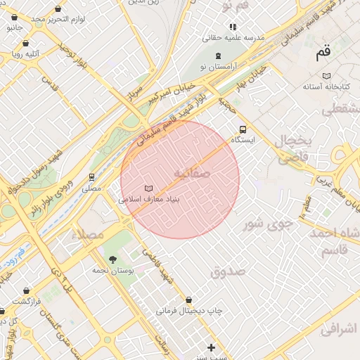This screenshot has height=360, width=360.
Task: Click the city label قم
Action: [323, 52]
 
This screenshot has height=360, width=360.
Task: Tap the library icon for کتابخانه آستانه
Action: [326, 76]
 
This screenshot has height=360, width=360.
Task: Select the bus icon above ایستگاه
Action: [243, 129]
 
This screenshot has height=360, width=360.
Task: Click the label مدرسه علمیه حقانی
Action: [235, 37]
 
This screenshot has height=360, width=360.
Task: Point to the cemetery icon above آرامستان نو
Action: [217, 55]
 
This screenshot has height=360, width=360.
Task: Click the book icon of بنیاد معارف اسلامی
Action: [148, 188]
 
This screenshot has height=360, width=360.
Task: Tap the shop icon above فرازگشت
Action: [27, 290]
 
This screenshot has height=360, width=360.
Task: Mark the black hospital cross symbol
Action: [211, 347]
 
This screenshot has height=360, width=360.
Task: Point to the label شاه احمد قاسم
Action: [338, 241]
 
